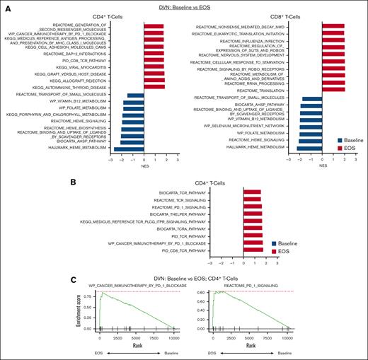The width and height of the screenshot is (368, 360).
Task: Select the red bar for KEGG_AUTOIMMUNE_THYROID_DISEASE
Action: click(154, 87)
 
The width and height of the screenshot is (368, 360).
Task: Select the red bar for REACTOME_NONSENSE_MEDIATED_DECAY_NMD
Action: click(333, 28)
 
